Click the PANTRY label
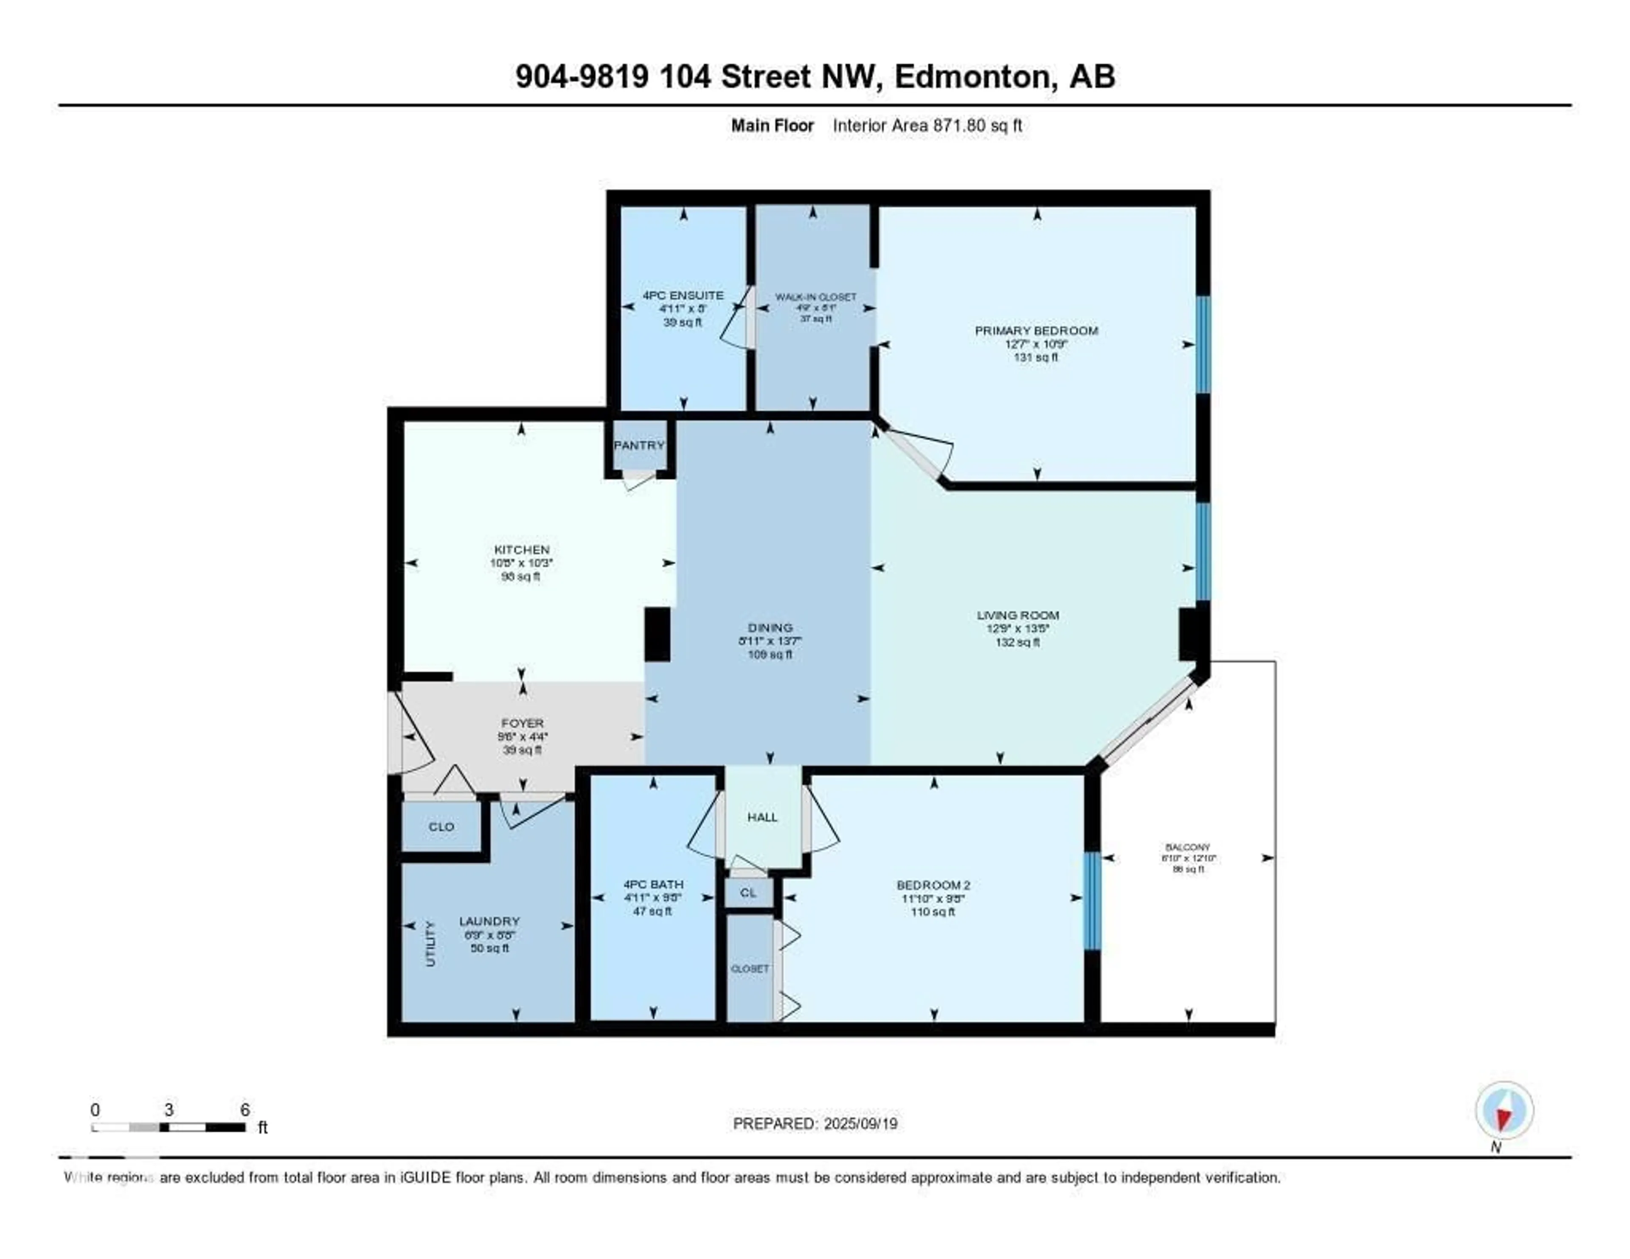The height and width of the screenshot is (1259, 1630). (x=639, y=445)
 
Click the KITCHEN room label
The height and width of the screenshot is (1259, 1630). (x=522, y=549)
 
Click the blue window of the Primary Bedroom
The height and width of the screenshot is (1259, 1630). (x=1203, y=344)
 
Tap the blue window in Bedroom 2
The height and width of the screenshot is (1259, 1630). (x=1092, y=901)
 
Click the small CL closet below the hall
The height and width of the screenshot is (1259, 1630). (x=748, y=893)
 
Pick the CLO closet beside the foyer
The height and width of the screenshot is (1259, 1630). (x=441, y=826)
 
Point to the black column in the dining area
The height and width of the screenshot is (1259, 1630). (x=657, y=634)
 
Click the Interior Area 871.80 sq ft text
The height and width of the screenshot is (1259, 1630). (x=927, y=125)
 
